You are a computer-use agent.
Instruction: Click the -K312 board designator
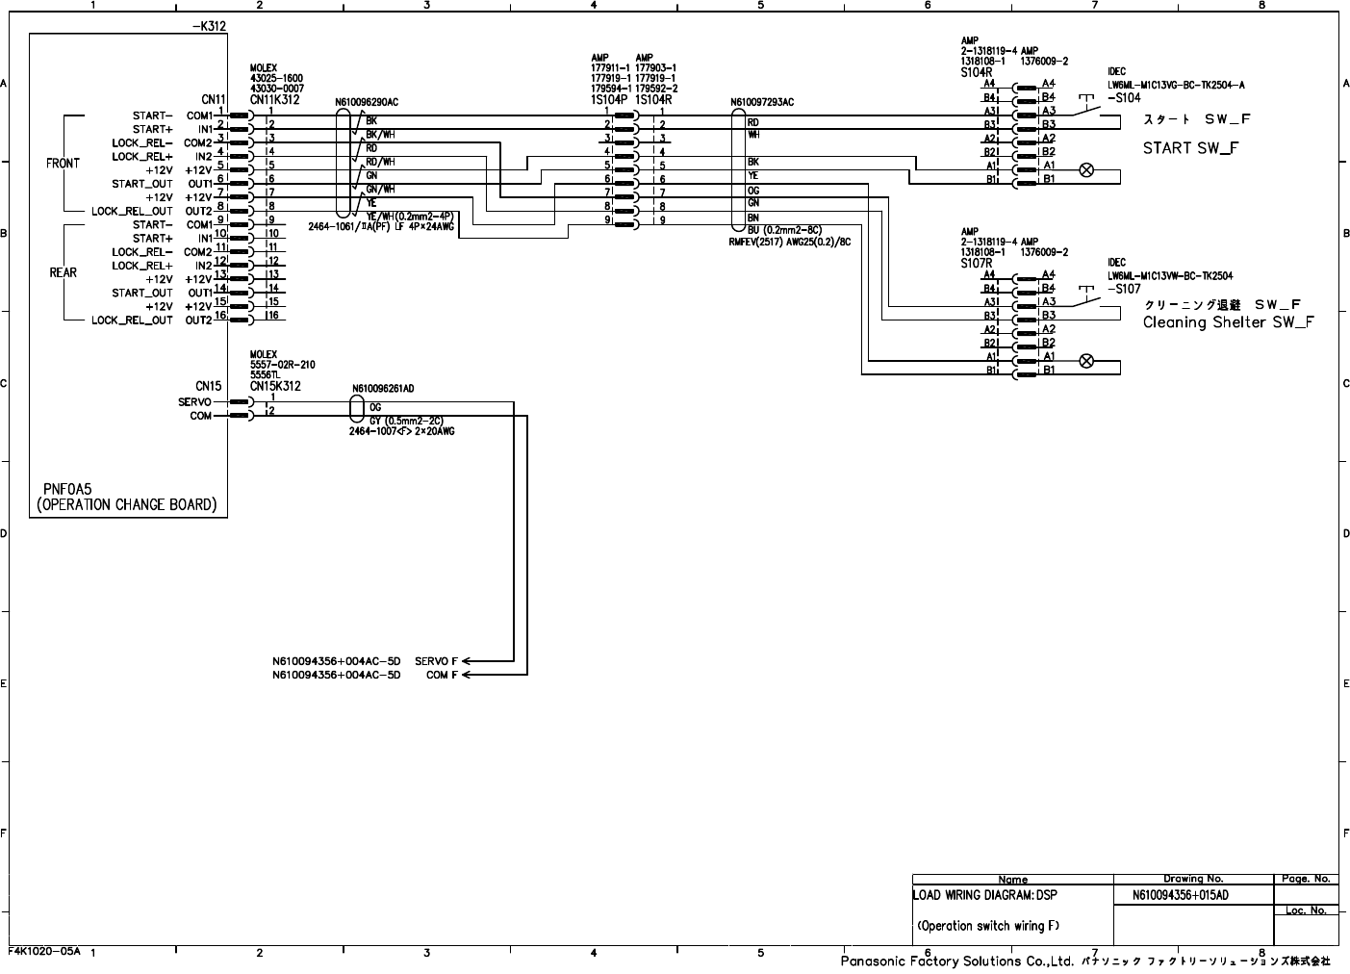tap(209, 26)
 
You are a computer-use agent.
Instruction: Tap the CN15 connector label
tap(208, 386)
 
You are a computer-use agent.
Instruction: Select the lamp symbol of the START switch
tap(1086, 170)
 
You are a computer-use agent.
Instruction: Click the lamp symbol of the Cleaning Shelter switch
tap(1086, 361)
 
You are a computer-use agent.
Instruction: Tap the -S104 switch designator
tap(1124, 98)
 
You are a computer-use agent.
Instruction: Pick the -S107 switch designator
tap(1124, 289)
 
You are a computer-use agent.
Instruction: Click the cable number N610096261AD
tap(382, 389)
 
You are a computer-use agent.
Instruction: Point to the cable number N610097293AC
tap(762, 102)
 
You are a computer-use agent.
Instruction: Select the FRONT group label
tap(63, 164)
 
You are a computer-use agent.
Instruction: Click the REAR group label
tap(63, 272)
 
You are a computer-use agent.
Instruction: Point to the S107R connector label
tap(976, 263)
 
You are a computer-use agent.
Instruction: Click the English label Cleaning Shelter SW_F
tap(1228, 322)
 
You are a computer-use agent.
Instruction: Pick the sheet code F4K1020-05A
tap(44, 951)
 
